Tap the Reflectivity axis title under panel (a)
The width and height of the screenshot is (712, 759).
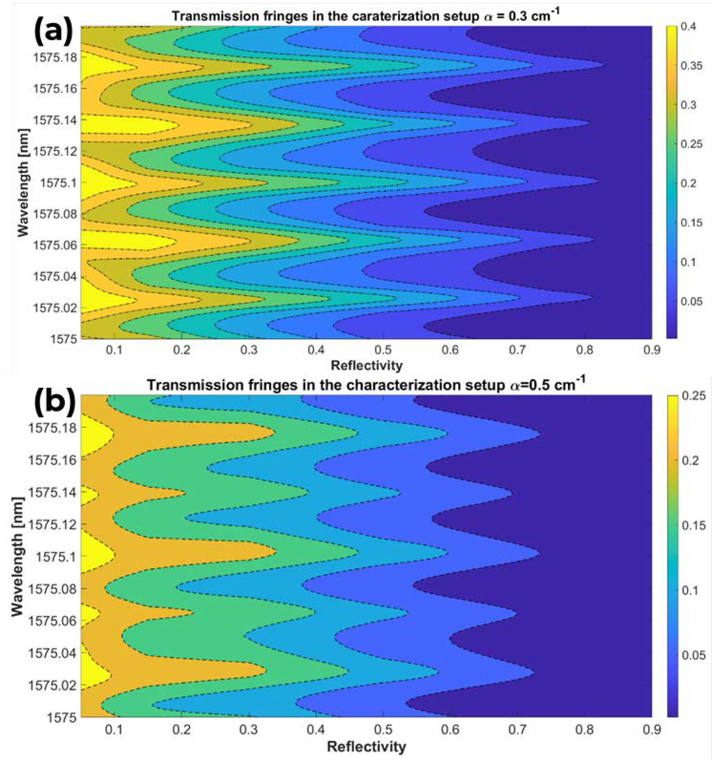(366, 366)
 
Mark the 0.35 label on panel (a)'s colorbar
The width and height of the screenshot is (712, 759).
(691, 66)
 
